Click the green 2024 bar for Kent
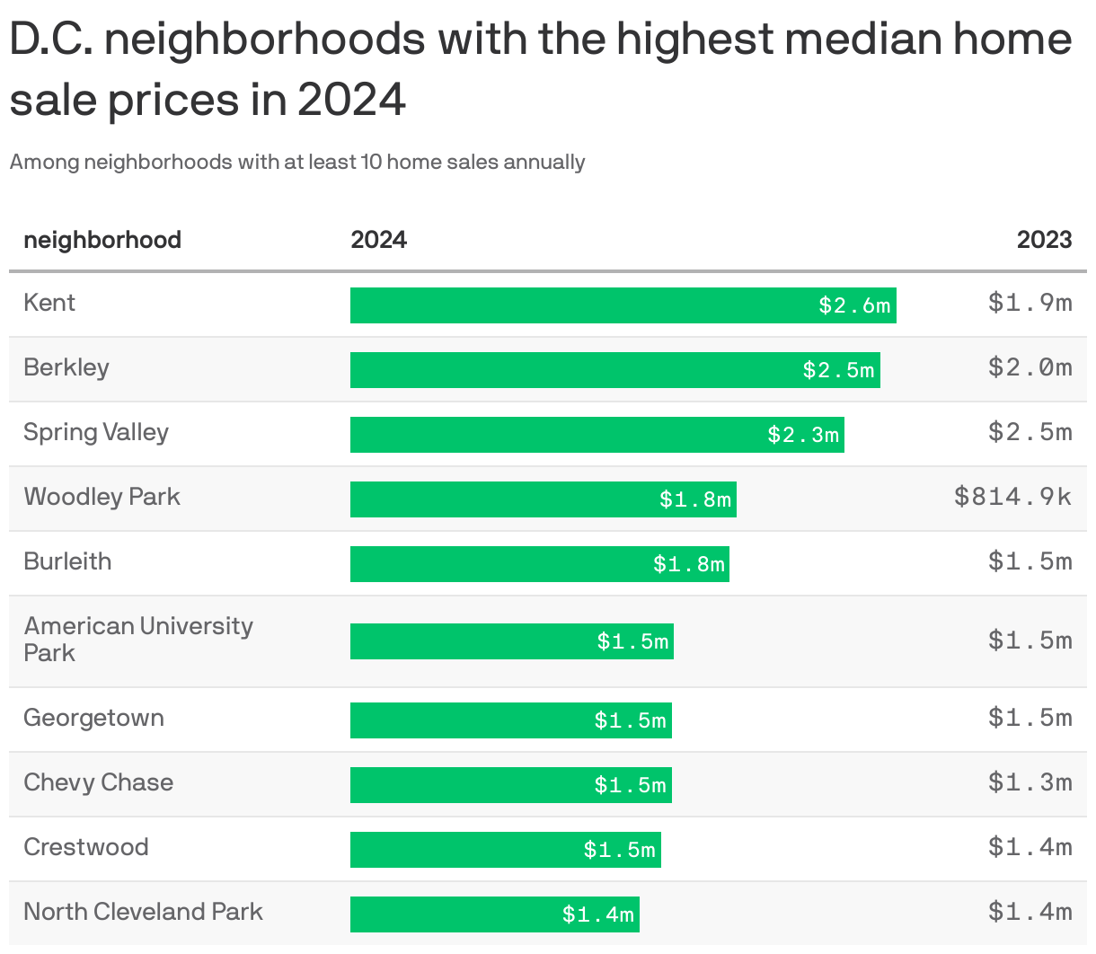[623, 305]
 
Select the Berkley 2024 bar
[614, 370]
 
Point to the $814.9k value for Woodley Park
[1012, 497]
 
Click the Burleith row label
[67, 561]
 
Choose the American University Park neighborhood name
[137, 639]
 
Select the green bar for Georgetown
[510, 720]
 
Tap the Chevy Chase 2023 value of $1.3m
[1030, 782]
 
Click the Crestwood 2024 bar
[505, 850]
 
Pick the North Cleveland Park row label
[143, 912]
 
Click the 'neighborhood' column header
[102, 240]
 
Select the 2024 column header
[378, 240]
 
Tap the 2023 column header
[1044, 240]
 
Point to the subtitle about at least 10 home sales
[297, 163]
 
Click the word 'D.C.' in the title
[50, 40]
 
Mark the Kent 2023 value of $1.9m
[1030, 303]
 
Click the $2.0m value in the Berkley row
[1030, 367]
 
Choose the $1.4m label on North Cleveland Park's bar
[598, 914]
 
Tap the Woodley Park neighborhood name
[102, 497]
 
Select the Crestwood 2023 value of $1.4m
[1030, 847]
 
